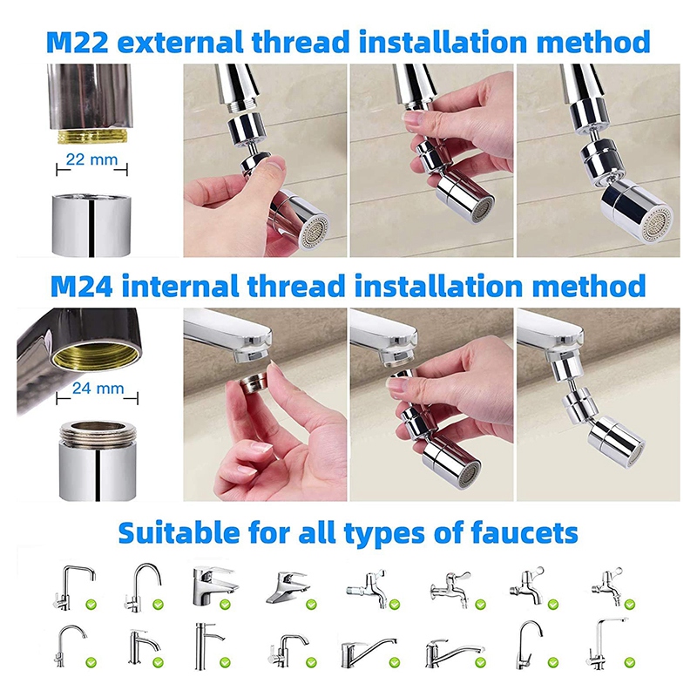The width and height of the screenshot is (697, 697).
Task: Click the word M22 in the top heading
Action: point(78,43)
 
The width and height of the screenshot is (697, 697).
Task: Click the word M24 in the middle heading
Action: point(81,286)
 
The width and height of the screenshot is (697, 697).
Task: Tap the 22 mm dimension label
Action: point(91,159)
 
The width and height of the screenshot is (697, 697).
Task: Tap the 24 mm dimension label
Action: point(98,388)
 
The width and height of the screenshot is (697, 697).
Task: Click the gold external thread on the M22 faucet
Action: point(92,137)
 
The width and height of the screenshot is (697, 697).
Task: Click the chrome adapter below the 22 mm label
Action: point(91,225)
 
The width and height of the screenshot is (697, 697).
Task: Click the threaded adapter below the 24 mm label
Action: point(98,461)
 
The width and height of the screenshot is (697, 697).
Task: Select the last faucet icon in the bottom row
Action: point(606,643)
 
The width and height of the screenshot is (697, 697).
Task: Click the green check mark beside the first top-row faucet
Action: point(91,605)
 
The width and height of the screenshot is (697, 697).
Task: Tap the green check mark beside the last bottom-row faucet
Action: point(629,663)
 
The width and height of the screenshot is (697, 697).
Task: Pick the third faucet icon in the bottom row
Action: point(208,646)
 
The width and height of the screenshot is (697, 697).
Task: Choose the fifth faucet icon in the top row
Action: point(367,587)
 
